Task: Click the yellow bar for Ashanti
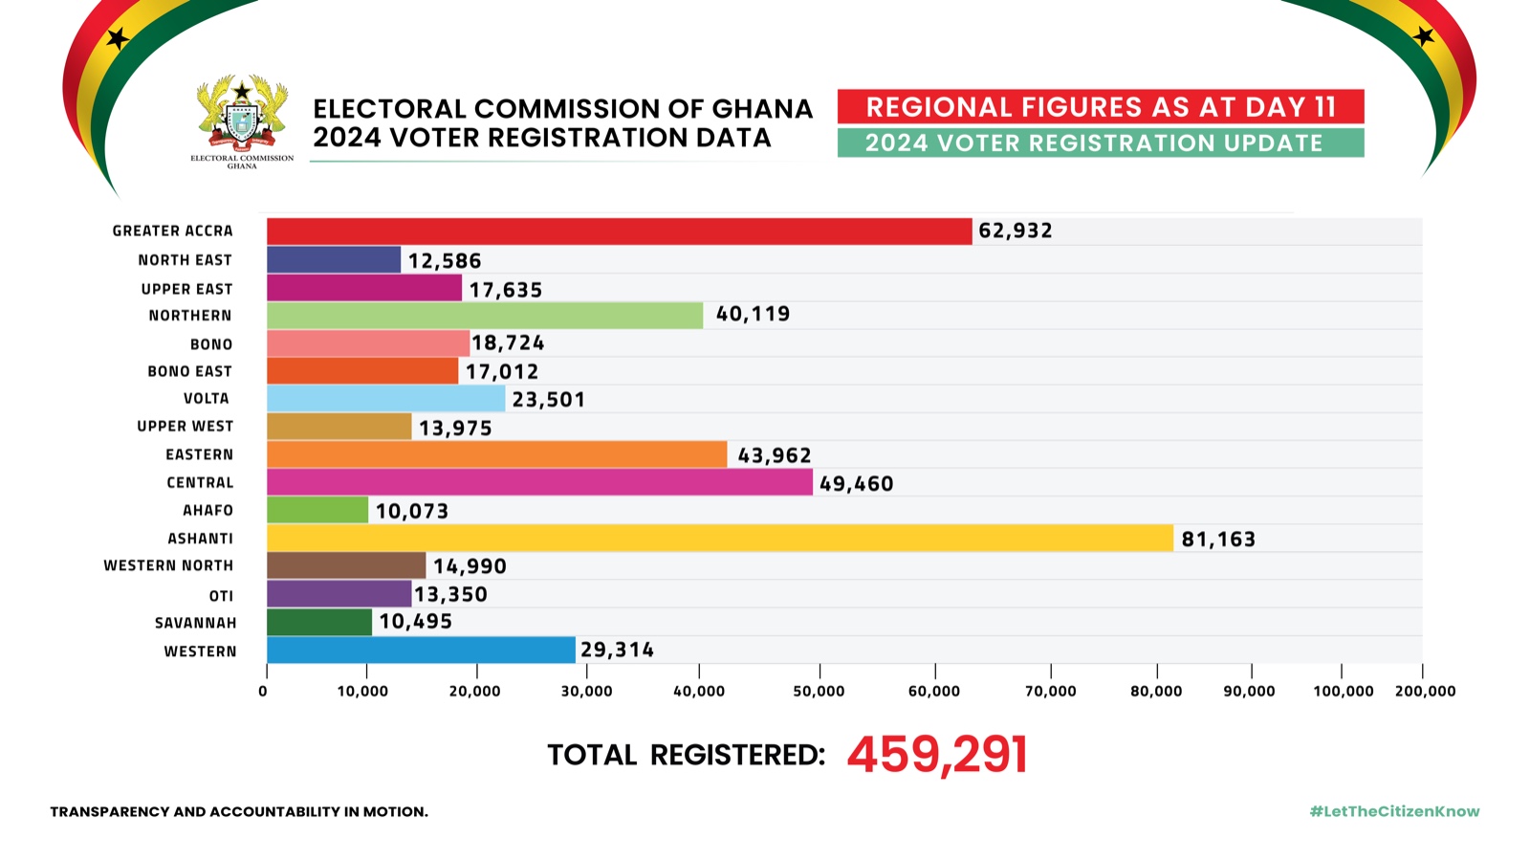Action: coord(719,538)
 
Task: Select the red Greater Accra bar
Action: coord(619,232)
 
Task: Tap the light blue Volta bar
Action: coord(385,399)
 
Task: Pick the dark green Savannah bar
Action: coord(318,622)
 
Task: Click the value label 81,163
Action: coord(1218,540)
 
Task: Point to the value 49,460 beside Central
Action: coord(856,484)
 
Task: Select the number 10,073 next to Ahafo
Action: coord(412,512)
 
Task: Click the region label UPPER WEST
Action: coord(185,427)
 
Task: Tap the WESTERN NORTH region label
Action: coord(168,566)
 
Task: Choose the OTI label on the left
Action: coord(221,596)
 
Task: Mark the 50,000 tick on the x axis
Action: coord(819,692)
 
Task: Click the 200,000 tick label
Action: coord(1425,692)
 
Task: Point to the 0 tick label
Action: coord(263,692)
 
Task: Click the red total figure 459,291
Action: coord(937,755)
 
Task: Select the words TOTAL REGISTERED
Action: coord(686,756)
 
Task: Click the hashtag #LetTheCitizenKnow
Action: coord(1394,811)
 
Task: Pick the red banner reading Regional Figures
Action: coord(1101,107)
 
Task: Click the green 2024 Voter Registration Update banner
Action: coord(1101,143)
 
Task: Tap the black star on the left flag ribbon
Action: coord(118,39)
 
